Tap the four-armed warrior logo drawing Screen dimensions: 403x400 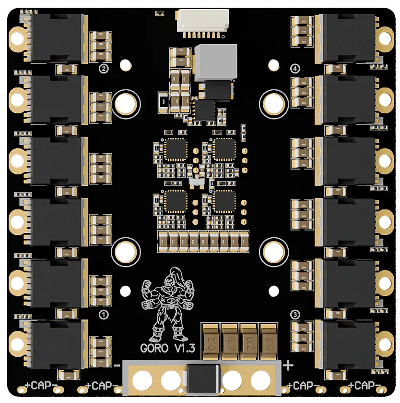click(x=165, y=303)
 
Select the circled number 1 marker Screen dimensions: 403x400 click(x=103, y=315)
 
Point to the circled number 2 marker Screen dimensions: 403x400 click(x=103, y=69)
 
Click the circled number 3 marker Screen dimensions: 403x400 click(x=295, y=315)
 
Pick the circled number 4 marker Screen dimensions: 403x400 click(x=295, y=69)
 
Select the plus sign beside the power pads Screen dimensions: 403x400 click(x=288, y=366)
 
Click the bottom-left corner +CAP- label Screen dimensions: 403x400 click(x=40, y=386)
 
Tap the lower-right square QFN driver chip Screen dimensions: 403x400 click(x=224, y=201)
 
